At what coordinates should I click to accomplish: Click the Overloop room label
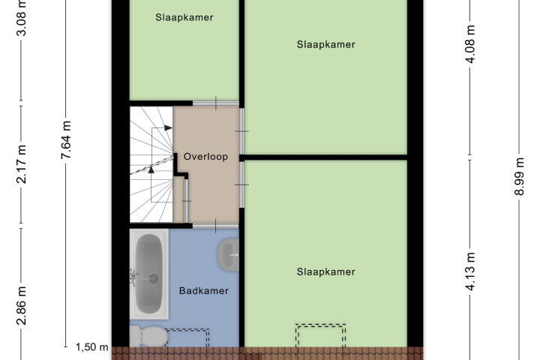pos(205,157)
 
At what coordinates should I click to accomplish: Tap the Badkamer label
pos(204,291)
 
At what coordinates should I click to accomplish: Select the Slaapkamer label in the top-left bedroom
pos(184,17)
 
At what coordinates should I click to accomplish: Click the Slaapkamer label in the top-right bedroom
pos(325,44)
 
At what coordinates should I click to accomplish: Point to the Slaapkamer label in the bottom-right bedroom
pos(325,271)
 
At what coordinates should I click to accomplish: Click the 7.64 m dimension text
pos(66,139)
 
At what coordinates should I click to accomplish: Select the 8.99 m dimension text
pos(519,176)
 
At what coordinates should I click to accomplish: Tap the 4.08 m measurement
pos(470,44)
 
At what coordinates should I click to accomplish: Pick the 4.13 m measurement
pos(470,271)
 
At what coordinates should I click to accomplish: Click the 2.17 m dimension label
pos(21,164)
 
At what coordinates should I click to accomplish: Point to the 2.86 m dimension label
pos(21,305)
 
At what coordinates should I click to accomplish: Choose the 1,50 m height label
pos(92,347)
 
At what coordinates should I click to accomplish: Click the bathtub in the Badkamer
pos(149,274)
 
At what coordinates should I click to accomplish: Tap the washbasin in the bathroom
pos(228,255)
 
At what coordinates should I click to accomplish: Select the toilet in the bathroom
pos(148,336)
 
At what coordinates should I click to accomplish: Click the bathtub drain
pos(153,278)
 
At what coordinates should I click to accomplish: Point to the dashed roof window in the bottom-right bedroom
pos(321,335)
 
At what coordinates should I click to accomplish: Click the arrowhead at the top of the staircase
pos(168,127)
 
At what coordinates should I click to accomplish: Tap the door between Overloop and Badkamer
pos(215,226)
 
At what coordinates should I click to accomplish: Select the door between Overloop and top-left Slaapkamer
pos(215,103)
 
